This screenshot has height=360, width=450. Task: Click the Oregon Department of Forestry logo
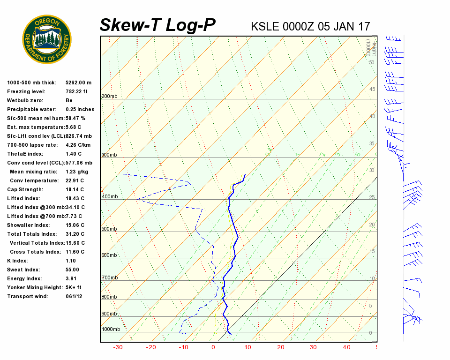(x=47, y=39)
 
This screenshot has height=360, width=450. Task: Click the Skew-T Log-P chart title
(x=157, y=25)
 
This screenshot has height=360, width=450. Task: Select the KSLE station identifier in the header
(x=265, y=26)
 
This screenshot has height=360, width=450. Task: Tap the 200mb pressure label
(x=109, y=97)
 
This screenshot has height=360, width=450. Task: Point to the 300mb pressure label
(x=109, y=155)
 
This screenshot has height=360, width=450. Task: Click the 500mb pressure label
(x=109, y=229)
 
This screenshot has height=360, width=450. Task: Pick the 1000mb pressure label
(x=111, y=330)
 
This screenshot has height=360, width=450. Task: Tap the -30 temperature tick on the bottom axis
(x=118, y=347)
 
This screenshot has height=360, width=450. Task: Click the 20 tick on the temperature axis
(x=281, y=347)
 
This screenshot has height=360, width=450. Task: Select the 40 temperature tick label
(x=346, y=347)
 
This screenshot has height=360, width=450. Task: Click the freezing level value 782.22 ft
(x=76, y=91)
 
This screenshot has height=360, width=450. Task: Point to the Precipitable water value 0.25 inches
(x=80, y=109)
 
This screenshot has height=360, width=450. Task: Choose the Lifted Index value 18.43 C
(x=75, y=198)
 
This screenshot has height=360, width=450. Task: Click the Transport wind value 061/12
(x=74, y=296)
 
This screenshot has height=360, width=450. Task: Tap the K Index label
(x=17, y=261)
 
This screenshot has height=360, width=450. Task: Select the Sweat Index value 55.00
(x=72, y=270)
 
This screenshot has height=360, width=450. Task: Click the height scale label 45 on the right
(x=372, y=90)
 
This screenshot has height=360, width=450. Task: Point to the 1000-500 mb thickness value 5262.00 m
(x=78, y=82)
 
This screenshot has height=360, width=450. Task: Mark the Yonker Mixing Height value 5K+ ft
(x=74, y=287)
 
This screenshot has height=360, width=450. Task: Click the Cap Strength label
(x=25, y=189)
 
